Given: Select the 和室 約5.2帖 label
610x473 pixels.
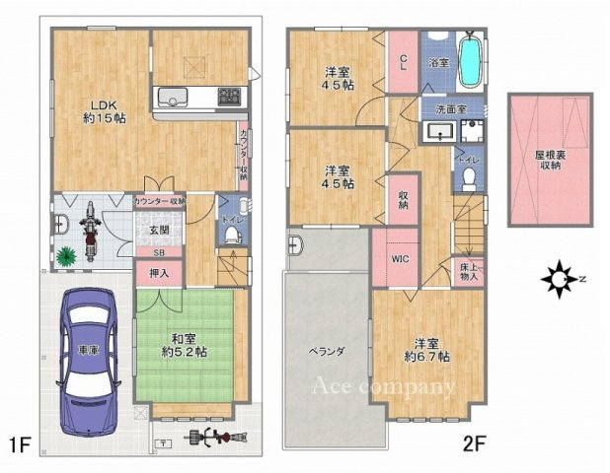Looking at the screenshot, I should point(185,345).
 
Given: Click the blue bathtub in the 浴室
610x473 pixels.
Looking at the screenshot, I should point(471,60).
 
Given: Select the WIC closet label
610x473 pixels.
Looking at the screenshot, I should point(402,260).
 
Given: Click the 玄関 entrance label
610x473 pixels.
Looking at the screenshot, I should point(158,231).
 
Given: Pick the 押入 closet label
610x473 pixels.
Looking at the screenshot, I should point(158,273).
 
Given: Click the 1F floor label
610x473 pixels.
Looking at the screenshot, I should point(22,445).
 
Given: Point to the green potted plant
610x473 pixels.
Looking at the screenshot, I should point(66,257).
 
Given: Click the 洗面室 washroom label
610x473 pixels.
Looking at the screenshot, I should point(445,109).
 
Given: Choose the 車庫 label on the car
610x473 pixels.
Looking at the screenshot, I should point(88,351).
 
